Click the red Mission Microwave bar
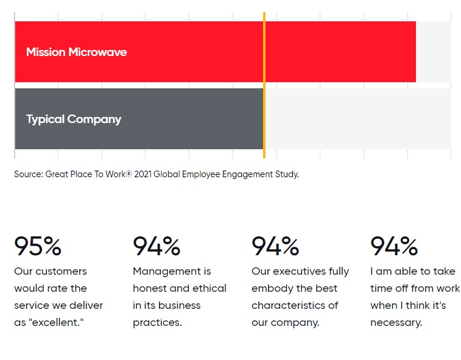coord(215,52)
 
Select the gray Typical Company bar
coord(139,119)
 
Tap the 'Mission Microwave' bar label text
coord(77,52)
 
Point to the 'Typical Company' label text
coord(74,119)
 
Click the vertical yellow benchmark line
coord(264,85)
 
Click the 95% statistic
coord(38,246)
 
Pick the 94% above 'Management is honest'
coord(157,246)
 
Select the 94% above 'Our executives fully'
coord(275,246)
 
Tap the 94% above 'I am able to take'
coord(394,246)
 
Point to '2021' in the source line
coord(143,174)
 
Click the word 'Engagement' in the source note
coord(247,174)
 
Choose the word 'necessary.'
coord(396,323)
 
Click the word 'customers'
coord(61,272)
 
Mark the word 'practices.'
coord(157,323)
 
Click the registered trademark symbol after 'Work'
coord(128,174)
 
